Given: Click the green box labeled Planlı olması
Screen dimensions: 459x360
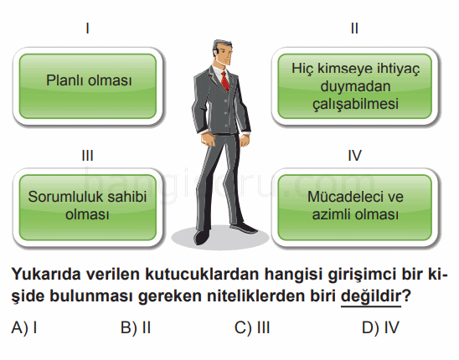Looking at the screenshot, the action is click(88, 86).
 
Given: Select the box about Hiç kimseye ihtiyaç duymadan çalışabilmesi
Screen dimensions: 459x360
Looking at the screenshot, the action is click(355, 86).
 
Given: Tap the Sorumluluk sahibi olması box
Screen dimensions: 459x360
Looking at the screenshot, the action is click(88, 208).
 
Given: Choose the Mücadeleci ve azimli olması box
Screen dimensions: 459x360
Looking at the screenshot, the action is click(355, 208).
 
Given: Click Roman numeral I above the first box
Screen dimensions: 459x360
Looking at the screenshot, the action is click(87, 28).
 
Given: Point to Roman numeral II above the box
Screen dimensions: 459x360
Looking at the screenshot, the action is click(354, 28).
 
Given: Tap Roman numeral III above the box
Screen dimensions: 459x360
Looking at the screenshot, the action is click(87, 156).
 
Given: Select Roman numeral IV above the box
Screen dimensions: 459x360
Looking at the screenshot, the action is click(355, 156).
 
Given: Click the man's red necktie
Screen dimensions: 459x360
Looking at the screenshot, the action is click(224, 81).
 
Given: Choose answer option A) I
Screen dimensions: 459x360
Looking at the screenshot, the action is click(24, 327).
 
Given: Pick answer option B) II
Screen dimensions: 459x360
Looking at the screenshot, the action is click(136, 327).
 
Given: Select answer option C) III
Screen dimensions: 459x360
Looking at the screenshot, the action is click(252, 327).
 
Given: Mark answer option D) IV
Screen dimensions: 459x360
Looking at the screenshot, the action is click(380, 327).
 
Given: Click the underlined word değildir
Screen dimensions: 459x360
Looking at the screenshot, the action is click(370, 296).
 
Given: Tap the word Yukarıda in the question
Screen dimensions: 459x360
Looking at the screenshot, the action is click(46, 275).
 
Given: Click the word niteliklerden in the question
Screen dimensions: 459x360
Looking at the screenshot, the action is click(256, 296).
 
